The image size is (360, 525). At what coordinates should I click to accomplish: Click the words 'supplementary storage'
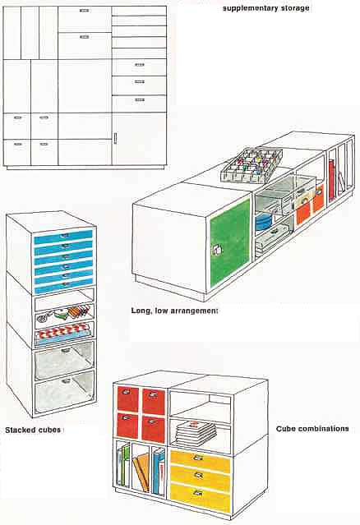[x=266, y=8]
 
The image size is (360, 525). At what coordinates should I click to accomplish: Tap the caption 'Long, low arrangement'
[x=174, y=311]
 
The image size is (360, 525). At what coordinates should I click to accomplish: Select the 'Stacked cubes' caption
[x=33, y=430]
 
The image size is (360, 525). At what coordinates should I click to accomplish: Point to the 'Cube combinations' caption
[x=312, y=429]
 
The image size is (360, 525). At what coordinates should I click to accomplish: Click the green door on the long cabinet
[x=230, y=242]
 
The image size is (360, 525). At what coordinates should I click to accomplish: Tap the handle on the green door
[x=216, y=250]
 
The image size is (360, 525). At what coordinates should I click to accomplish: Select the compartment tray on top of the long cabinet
[x=252, y=165]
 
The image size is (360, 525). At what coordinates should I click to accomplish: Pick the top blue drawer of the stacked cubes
[x=63, y=237]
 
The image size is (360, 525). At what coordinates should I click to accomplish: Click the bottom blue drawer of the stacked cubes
[x=63, y=287]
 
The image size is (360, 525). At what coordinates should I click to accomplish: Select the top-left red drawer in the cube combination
[x=127, y=398]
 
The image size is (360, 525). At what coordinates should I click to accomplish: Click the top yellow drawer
[x=201, y=461]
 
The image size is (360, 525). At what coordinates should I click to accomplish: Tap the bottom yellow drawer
[x=200, y=497]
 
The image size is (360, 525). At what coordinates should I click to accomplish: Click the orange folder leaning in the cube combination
[x=141, y=472]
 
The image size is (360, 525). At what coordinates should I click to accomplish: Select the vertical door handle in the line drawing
[x=115, y=138]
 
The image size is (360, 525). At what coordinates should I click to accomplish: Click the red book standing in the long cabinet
[x=331, y=180]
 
